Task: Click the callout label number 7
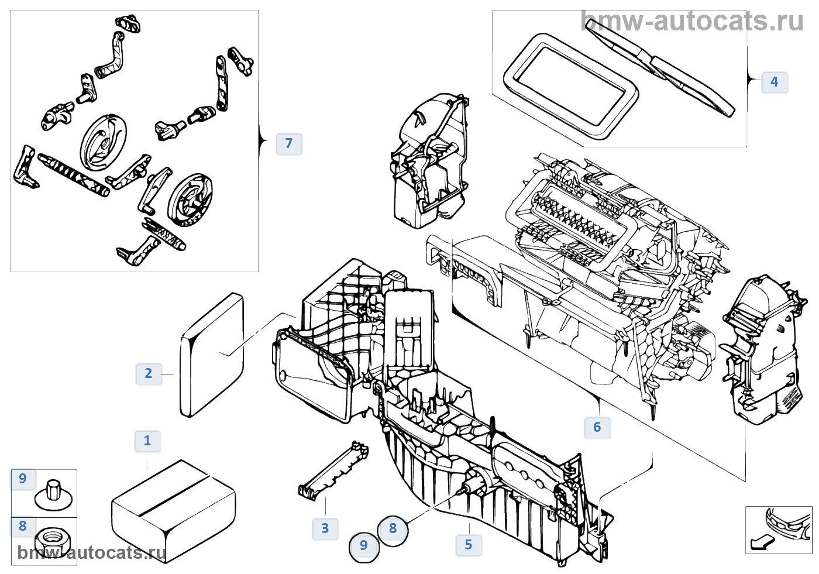(288, 143)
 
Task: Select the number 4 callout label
(774, 82)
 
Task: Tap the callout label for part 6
(597, 427)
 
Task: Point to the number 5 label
(468, 545)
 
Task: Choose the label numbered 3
(325, 528)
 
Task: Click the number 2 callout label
(148, 373)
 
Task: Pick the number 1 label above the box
(147, 441)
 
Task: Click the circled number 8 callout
(393, 529)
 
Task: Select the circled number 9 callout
(364, 546)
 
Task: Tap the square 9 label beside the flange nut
(23, 479)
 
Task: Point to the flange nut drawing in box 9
(53, 495)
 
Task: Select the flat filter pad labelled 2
(212, 355)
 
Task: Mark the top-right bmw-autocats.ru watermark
(693, 22)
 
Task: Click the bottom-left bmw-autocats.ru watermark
(91, 552)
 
